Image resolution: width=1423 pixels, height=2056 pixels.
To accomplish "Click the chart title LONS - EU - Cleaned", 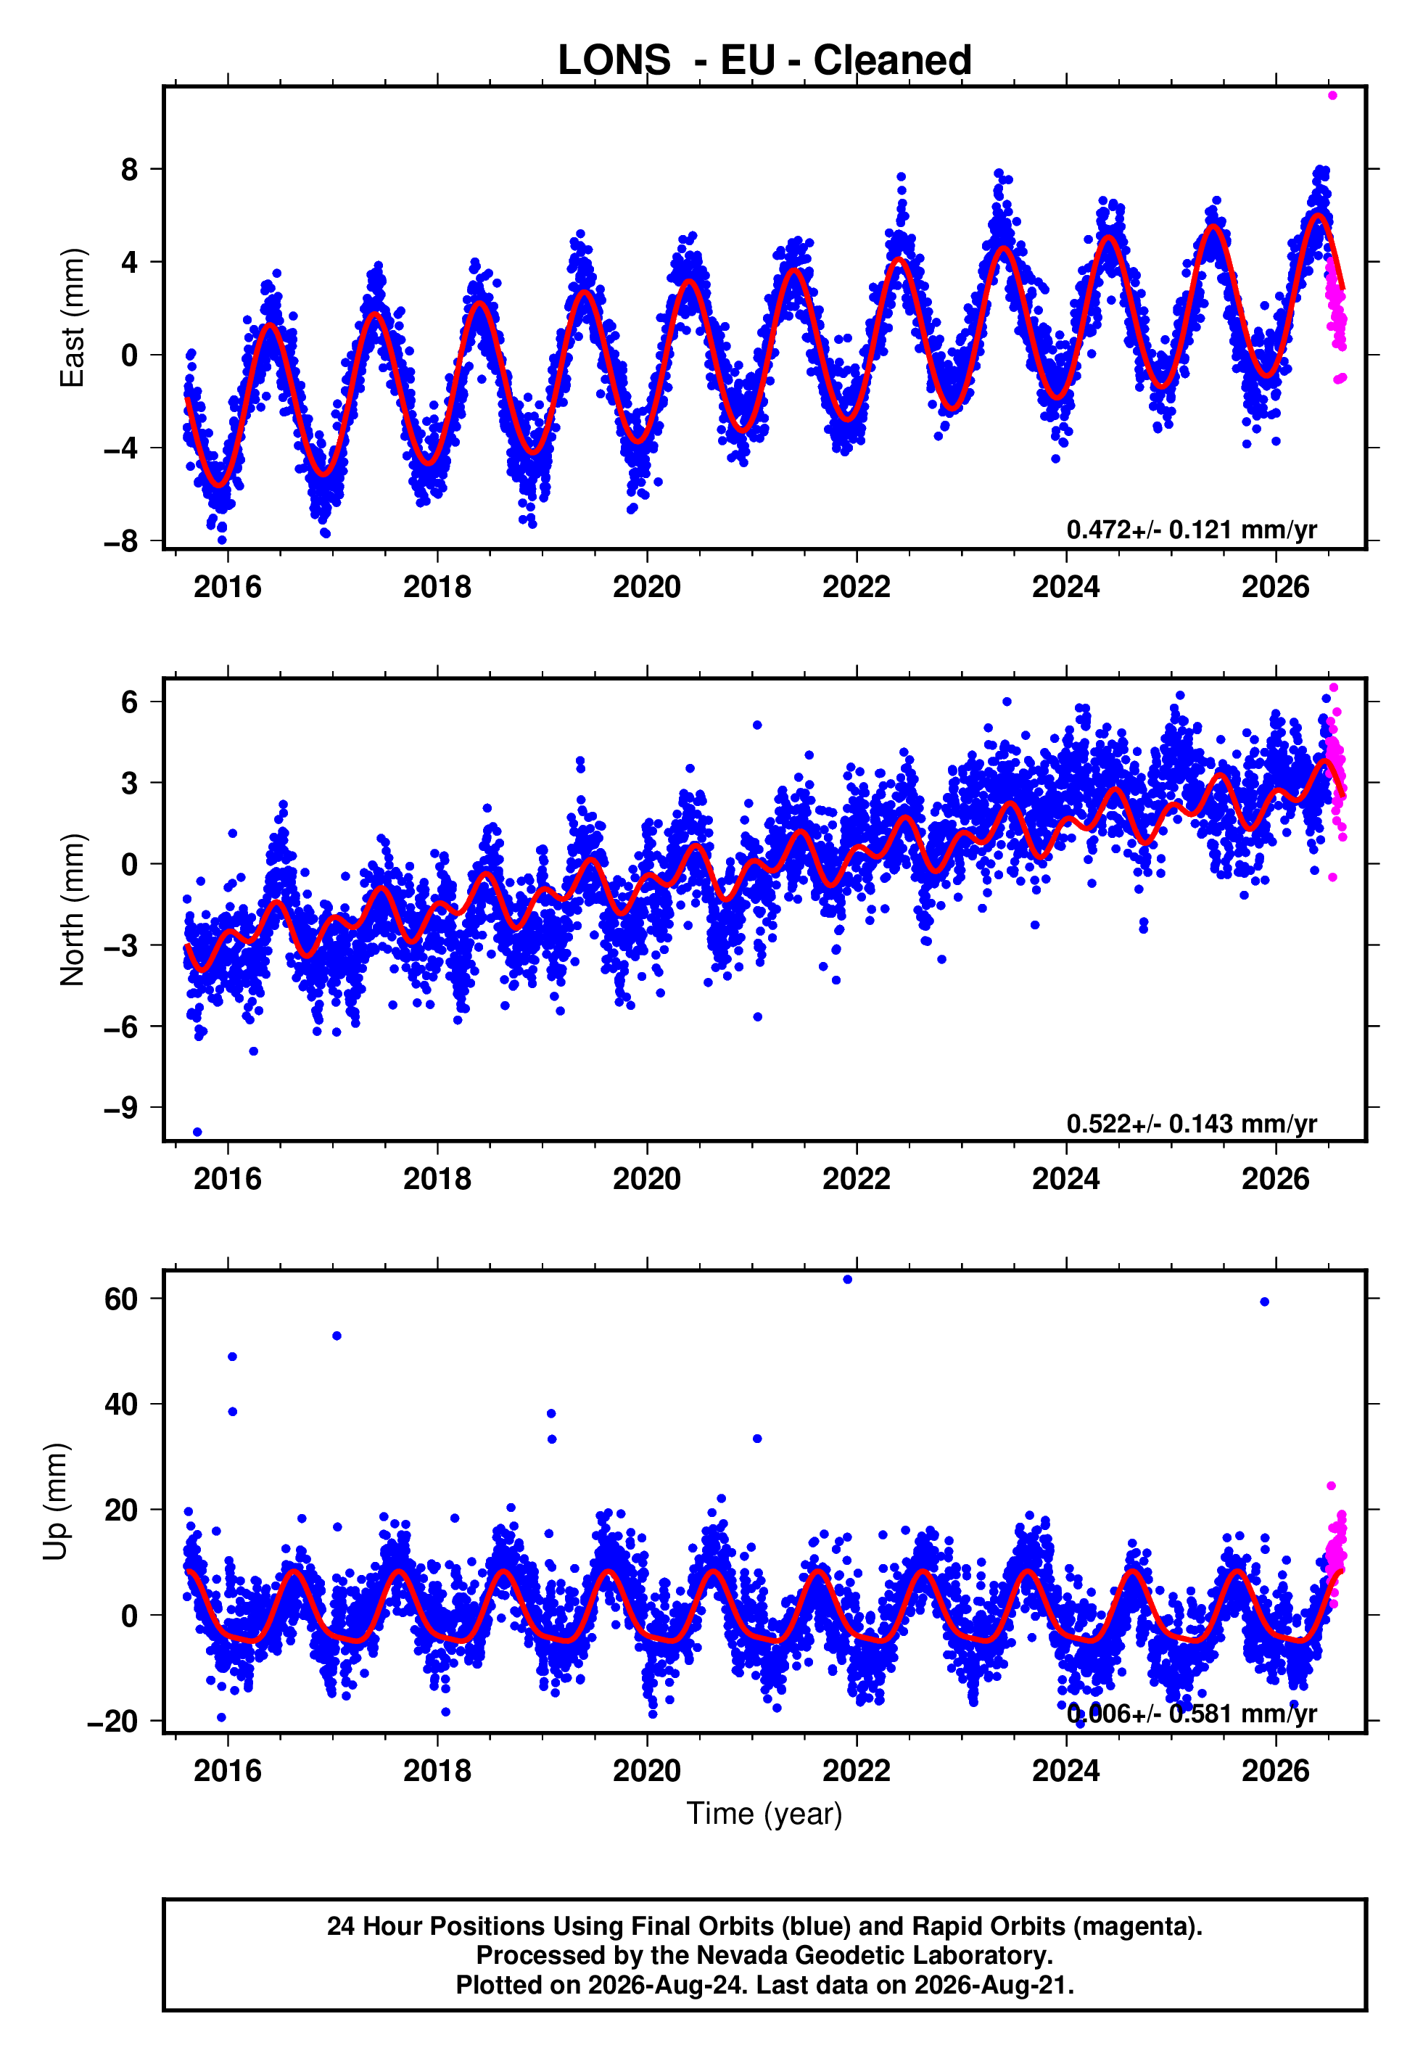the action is click(x=764, y=61).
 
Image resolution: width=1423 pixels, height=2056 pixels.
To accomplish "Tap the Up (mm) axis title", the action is click(x=55, y=1502).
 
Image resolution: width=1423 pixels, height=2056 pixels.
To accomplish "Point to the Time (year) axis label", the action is click(x=764, y=1814).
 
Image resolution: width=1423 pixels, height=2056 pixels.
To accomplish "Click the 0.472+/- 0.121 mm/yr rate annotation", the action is click(x=1191, y=530).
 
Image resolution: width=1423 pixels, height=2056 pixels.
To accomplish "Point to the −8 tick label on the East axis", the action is click(x=121, y=541).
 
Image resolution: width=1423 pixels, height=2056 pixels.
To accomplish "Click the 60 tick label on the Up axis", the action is click(x=121, y=1299).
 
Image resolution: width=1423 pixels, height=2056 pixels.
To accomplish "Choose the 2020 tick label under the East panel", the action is click(x=646, y=587).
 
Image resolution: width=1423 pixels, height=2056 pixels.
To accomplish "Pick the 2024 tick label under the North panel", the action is click(x=1065, y=1179).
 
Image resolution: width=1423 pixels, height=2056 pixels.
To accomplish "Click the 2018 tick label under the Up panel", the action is click(x=437, y=1771).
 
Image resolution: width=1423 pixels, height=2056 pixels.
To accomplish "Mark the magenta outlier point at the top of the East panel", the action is click(x=1332, y=95).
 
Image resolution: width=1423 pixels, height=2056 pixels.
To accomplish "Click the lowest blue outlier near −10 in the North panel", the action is click(x=197, y=1132).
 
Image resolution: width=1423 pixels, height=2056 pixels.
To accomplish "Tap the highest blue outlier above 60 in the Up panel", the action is click(x=847, y=1280).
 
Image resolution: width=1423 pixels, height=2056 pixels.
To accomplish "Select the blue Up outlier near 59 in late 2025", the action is click(x=1264, y=1302).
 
